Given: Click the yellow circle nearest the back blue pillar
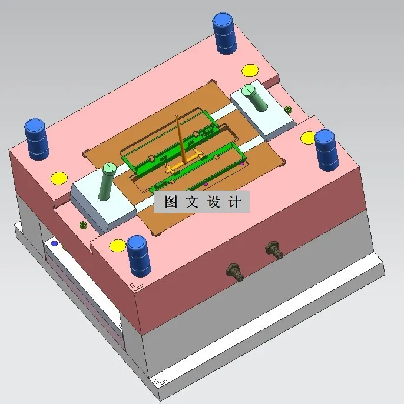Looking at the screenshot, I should [249, 71].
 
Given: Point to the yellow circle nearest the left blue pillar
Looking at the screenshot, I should [59, 178].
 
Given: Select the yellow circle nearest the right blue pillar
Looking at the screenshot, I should [309, 138].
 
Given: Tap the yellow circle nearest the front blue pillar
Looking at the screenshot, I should [118, 245].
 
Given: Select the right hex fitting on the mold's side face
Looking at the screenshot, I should [274, 249].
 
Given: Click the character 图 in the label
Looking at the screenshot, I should [171, 202].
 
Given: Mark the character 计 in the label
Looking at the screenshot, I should [234, 202].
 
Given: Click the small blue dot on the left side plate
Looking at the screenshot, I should [55, 243].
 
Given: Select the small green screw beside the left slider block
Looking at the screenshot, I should [83, 225].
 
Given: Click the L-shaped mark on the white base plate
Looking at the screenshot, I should [159, 382].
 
